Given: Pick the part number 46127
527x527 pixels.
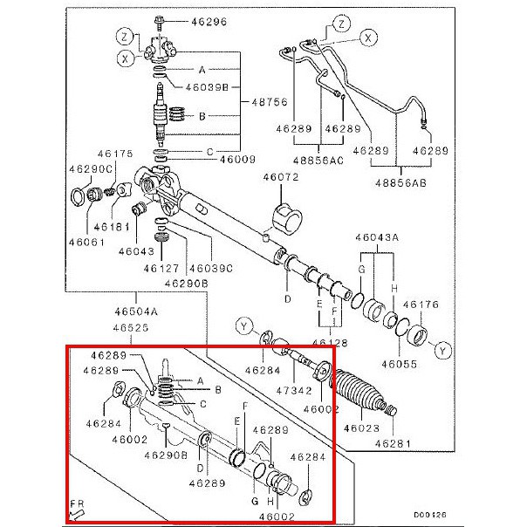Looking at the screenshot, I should pyautogui.click(x=161, y=268).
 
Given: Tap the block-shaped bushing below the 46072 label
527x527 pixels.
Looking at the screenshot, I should pyautogui.click(x=285, y=216).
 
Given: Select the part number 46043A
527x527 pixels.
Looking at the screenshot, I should pyautogui.click(x=376, y=238).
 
